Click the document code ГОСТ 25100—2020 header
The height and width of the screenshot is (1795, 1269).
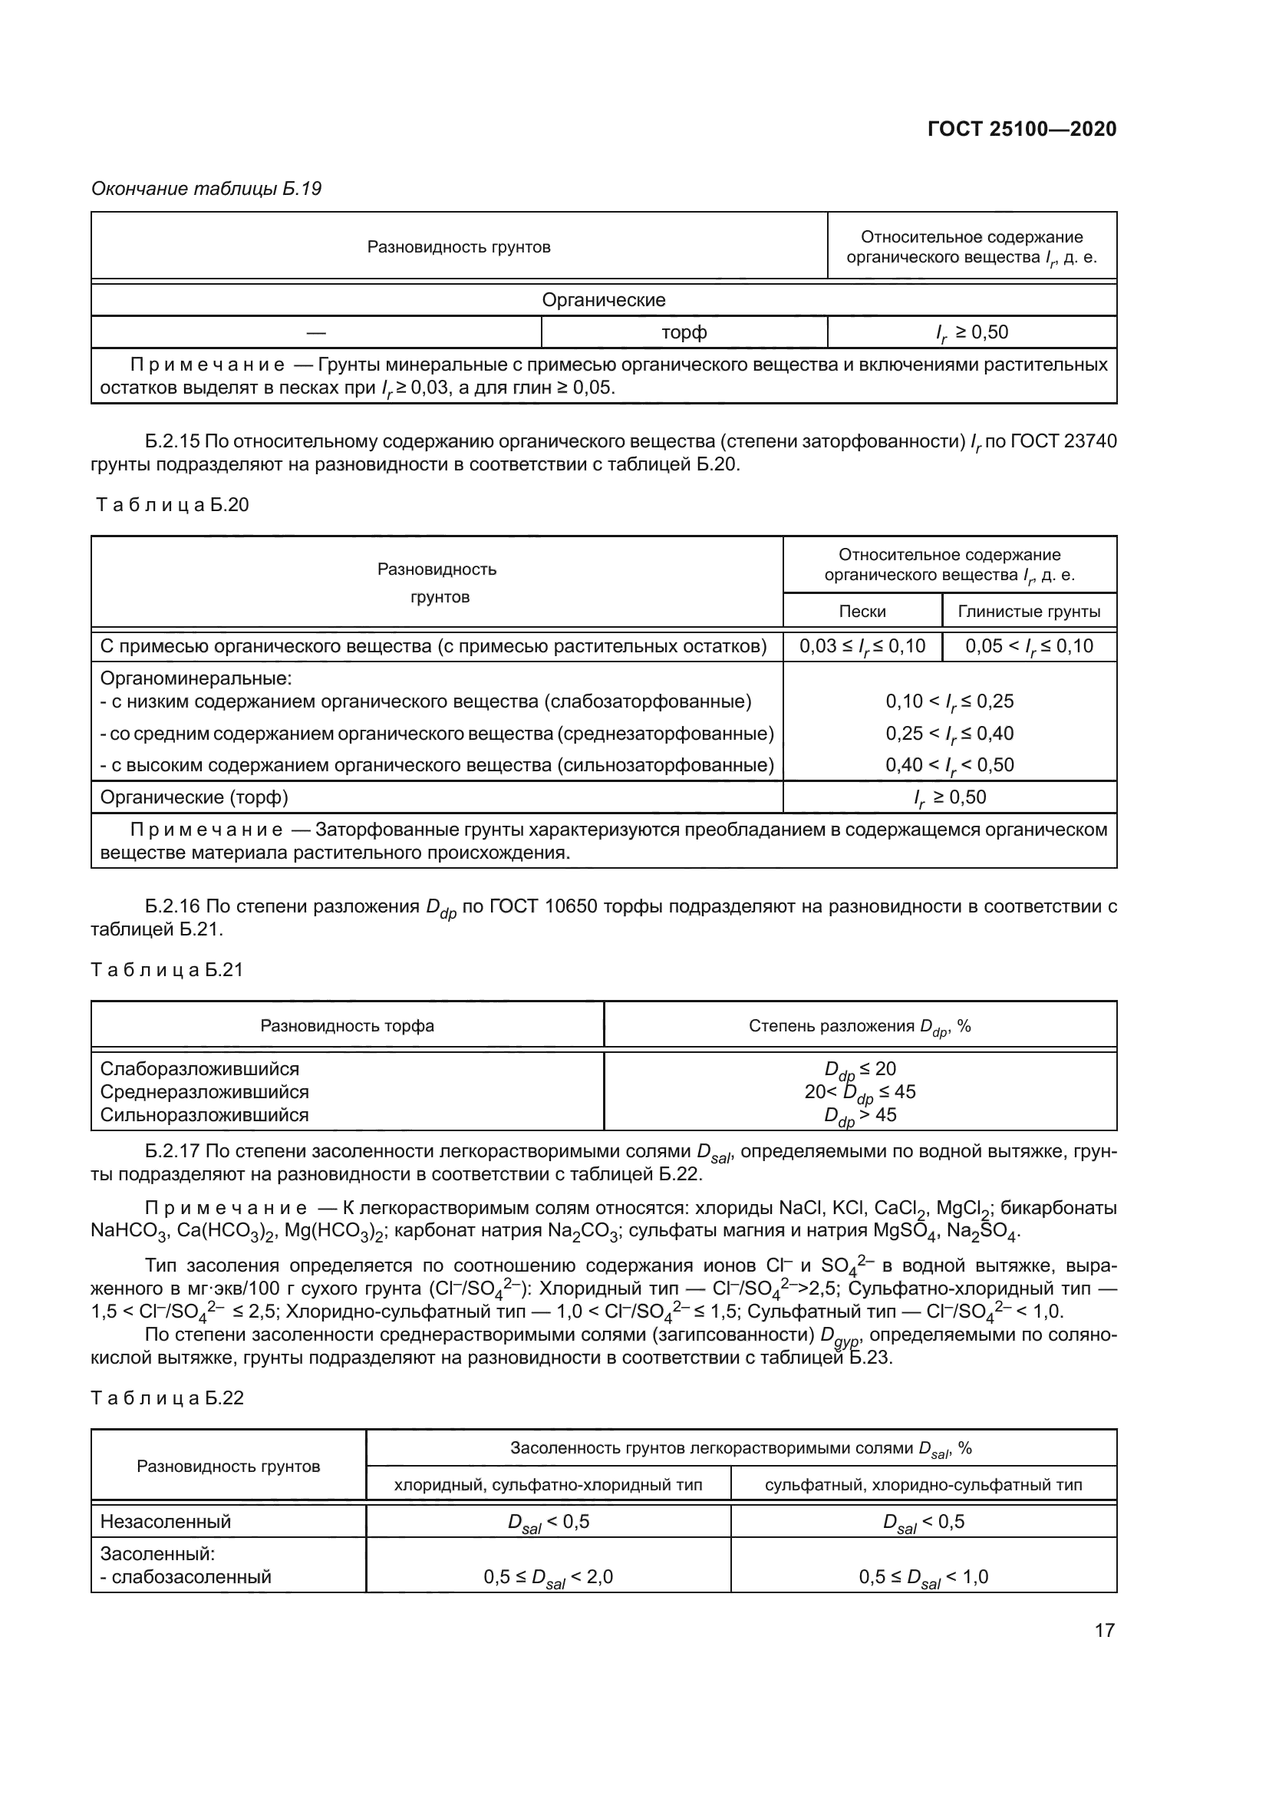pos(1021,129)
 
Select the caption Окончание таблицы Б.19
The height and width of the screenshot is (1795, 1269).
pos(206,189)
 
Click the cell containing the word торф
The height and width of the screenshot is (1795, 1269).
pos(684,332)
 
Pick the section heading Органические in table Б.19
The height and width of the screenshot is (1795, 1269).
pos(603,299)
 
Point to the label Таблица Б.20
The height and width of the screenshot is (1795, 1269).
pos(172,505)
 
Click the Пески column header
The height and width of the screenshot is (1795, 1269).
pos(862,612)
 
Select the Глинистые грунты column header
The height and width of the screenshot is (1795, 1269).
pos(1028,612)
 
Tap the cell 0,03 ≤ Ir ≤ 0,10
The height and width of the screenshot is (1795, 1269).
pos(862,645)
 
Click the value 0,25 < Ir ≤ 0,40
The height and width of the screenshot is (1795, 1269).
pos(948,734)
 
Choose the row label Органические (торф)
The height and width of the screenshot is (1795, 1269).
pos(195,797)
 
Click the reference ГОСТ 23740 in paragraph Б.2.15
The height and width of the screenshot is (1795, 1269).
pos(1063,442)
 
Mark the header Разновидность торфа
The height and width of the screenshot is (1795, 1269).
pos(347,1025)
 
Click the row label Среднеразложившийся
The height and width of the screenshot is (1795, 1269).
pos(205,1091)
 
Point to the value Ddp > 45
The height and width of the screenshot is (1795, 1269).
pos(859,1116)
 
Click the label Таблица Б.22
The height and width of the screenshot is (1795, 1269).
pos(167,1397)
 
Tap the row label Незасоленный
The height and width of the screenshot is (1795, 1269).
pos(166,1521)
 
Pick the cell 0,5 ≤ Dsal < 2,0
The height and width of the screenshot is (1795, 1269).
pos(548,1577)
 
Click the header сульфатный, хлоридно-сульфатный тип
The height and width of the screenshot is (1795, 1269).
pos(923,1485)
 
